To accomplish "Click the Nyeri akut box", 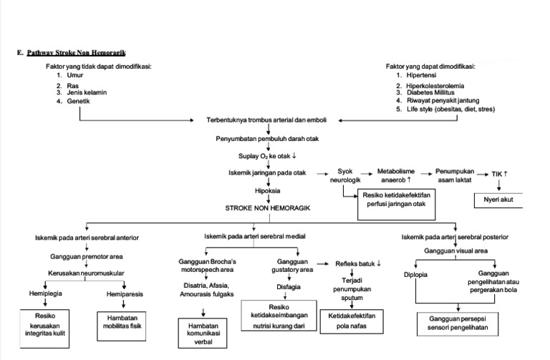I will point(498,201).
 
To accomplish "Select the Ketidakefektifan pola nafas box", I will point(352,319).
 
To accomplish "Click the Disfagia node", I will point(287,288).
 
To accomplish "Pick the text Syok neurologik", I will point(343,176).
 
